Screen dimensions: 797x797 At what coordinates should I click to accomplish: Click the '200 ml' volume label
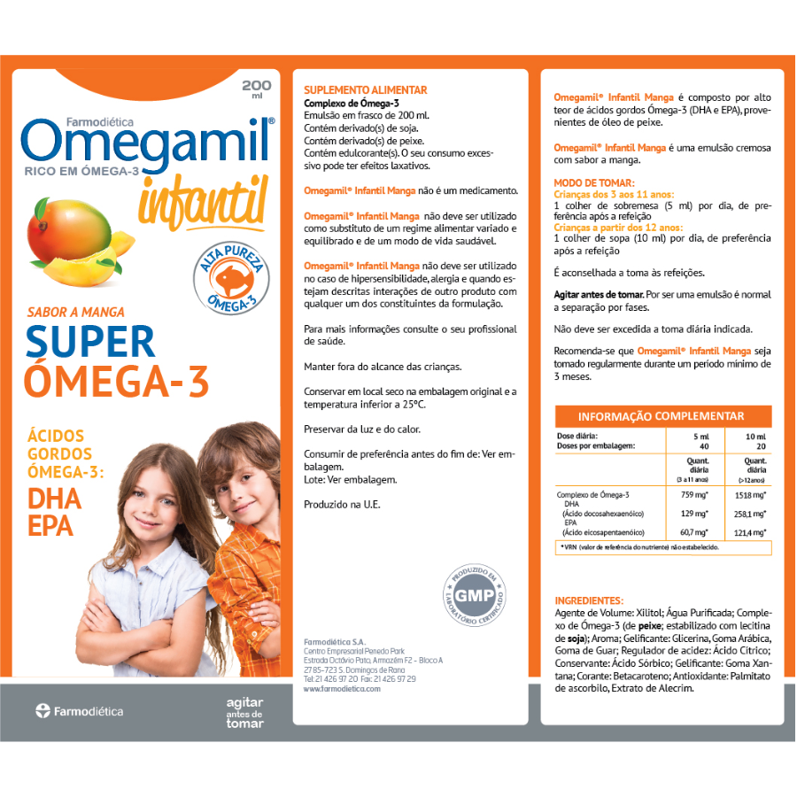(x=256, y=89)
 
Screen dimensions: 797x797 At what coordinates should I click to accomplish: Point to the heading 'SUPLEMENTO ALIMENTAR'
(x=365, y=90)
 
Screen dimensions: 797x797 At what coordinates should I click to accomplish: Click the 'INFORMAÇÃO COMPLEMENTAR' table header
(x=661, y=417)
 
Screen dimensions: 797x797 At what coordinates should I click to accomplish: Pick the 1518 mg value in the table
(x=749, y=498)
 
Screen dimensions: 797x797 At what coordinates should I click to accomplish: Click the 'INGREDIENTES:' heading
(x=588, y=600)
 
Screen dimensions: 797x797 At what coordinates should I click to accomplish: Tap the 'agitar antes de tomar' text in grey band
(x=244, y=712)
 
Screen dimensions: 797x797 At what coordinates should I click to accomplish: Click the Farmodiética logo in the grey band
(x=80, y=711)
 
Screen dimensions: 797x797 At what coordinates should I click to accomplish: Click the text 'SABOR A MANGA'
(x=76, y=312)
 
